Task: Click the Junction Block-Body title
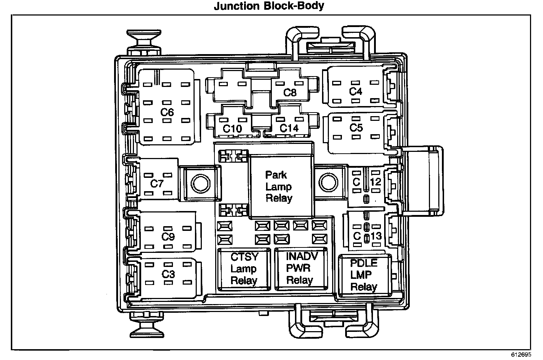point(269,6)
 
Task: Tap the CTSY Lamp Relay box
point(244,269)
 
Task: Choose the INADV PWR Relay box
point(300,268)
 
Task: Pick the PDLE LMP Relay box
point(364,275)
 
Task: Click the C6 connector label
point(167,113)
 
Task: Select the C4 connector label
point(356,92)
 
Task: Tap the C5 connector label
point(356,128)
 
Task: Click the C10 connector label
point(232,128)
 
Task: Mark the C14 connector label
point(289,128)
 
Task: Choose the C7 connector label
point(157,184)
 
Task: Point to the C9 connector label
point(168,237)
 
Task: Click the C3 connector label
point(168,274)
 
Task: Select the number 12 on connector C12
point(375,182)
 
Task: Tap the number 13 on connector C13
point(376,236)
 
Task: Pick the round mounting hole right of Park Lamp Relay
point(327,183)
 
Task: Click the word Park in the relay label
point(276,175)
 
